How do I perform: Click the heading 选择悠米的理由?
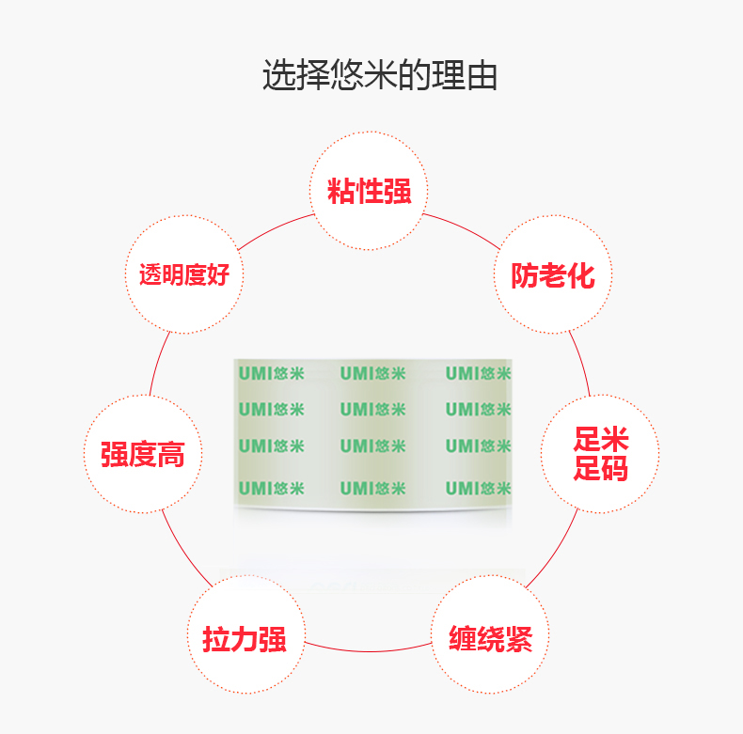point(380,75)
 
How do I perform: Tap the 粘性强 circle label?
point(369,191)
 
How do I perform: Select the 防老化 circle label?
point(552,275)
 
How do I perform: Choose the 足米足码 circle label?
point(600,453)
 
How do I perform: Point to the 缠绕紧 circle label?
point(490,639)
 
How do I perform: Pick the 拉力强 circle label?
point(245,639)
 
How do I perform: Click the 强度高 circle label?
point(143,454)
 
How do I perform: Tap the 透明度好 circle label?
point(184,274)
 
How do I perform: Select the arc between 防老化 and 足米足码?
point(582,362)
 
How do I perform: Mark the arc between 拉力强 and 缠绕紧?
point(369,650)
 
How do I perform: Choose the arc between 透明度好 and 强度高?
point(157,362)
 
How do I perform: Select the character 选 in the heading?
point(279,75)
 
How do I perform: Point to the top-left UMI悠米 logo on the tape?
point(271,373)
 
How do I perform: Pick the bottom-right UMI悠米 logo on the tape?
point(478,488)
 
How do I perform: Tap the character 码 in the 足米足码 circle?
point(614,468)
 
